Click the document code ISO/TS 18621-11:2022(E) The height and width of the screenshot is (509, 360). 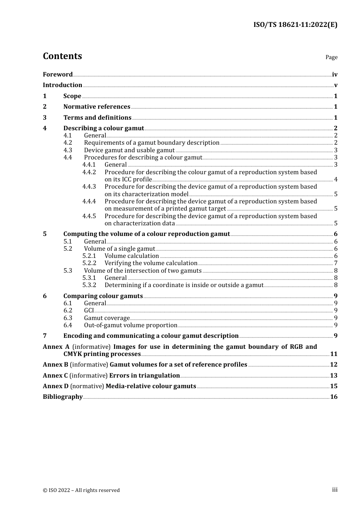pyautogui.click(x=295, y=25)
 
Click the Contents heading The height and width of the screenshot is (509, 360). pyautogui.click(x=62, y=56)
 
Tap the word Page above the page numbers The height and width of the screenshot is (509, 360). pyautogui.click(x=331, y=57)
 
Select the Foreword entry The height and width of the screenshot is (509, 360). pyautogui.click(x=58, y=75)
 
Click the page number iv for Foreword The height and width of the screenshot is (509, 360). pyautogui.click(x=335, y=75)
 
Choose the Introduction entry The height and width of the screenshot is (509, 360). pyautogui.click(x=63, y=85)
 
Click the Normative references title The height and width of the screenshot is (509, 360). pyautogui.click(x=97, y=107)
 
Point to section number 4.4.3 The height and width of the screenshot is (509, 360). pyautogui.click(x=89, y=187)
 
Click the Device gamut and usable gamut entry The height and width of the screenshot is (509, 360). pyautogui.click(x=129, y=150)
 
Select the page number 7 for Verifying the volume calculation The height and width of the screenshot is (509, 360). pyautogui.click(x=336, y=263)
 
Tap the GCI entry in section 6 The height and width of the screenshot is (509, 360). pyautogui.click(x=89, y=311)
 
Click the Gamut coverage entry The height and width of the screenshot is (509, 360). pyautogui.click(x=106, y=318)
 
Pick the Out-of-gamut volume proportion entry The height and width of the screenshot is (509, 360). pyautogui.click(x=130, y=325)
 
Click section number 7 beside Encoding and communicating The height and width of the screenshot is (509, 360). pyautogui.click(x=45, y=336)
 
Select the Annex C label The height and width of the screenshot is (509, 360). pyautogui.click(x=55, y=376)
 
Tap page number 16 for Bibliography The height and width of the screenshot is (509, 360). pyautogui.click(x=334, y=397)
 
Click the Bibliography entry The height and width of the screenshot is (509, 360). pyautogui.click(x=63, y=397)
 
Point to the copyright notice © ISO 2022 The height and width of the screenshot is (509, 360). pyautogui.click(x=81, y=490)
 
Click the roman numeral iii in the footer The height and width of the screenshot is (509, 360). pyautogui.click(x=335, y=490)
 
